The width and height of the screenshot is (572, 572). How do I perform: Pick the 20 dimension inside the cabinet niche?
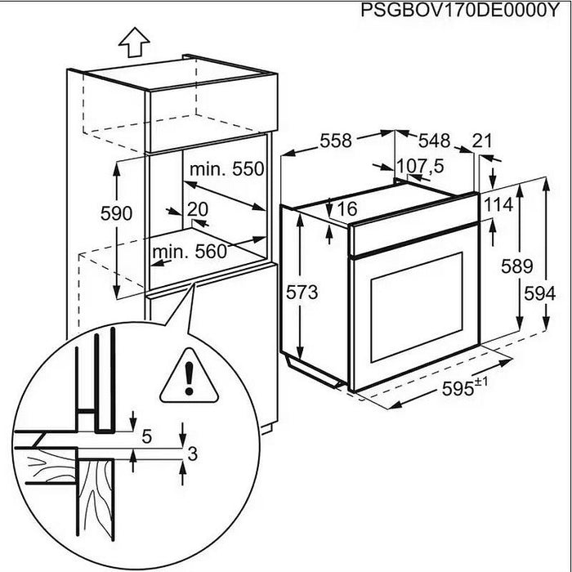point(197,208)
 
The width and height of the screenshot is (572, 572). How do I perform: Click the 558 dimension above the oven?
point(335,141)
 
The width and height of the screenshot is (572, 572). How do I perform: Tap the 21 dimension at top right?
point(482,141)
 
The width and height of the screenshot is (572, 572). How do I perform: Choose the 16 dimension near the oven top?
point(346,209)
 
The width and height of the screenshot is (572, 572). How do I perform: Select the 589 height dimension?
point(517,266)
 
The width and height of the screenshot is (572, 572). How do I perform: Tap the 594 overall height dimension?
point(549,293)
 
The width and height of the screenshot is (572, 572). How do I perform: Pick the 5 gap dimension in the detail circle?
point(147,437)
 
